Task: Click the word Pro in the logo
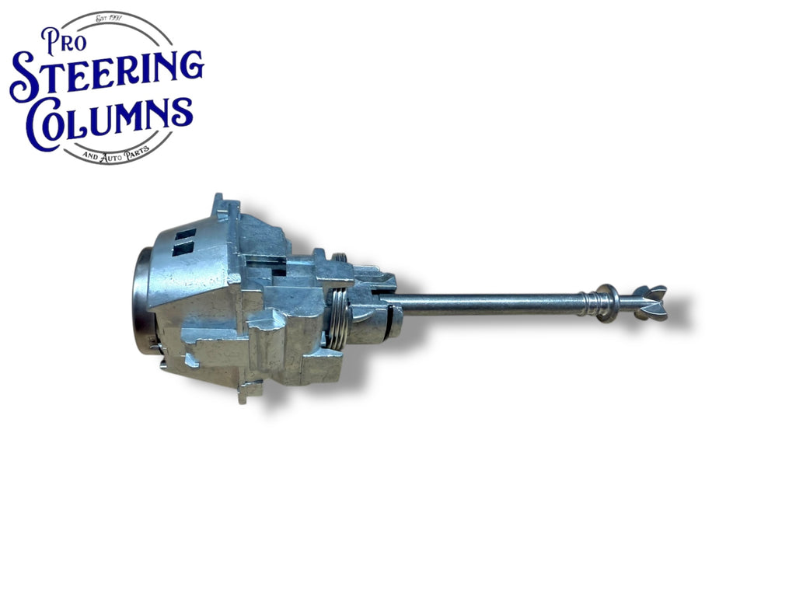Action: [64, 41]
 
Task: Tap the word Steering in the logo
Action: [106, 75]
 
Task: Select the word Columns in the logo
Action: [110, 120]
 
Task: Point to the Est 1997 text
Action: [113, 19]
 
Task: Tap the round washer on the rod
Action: [608, 303]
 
